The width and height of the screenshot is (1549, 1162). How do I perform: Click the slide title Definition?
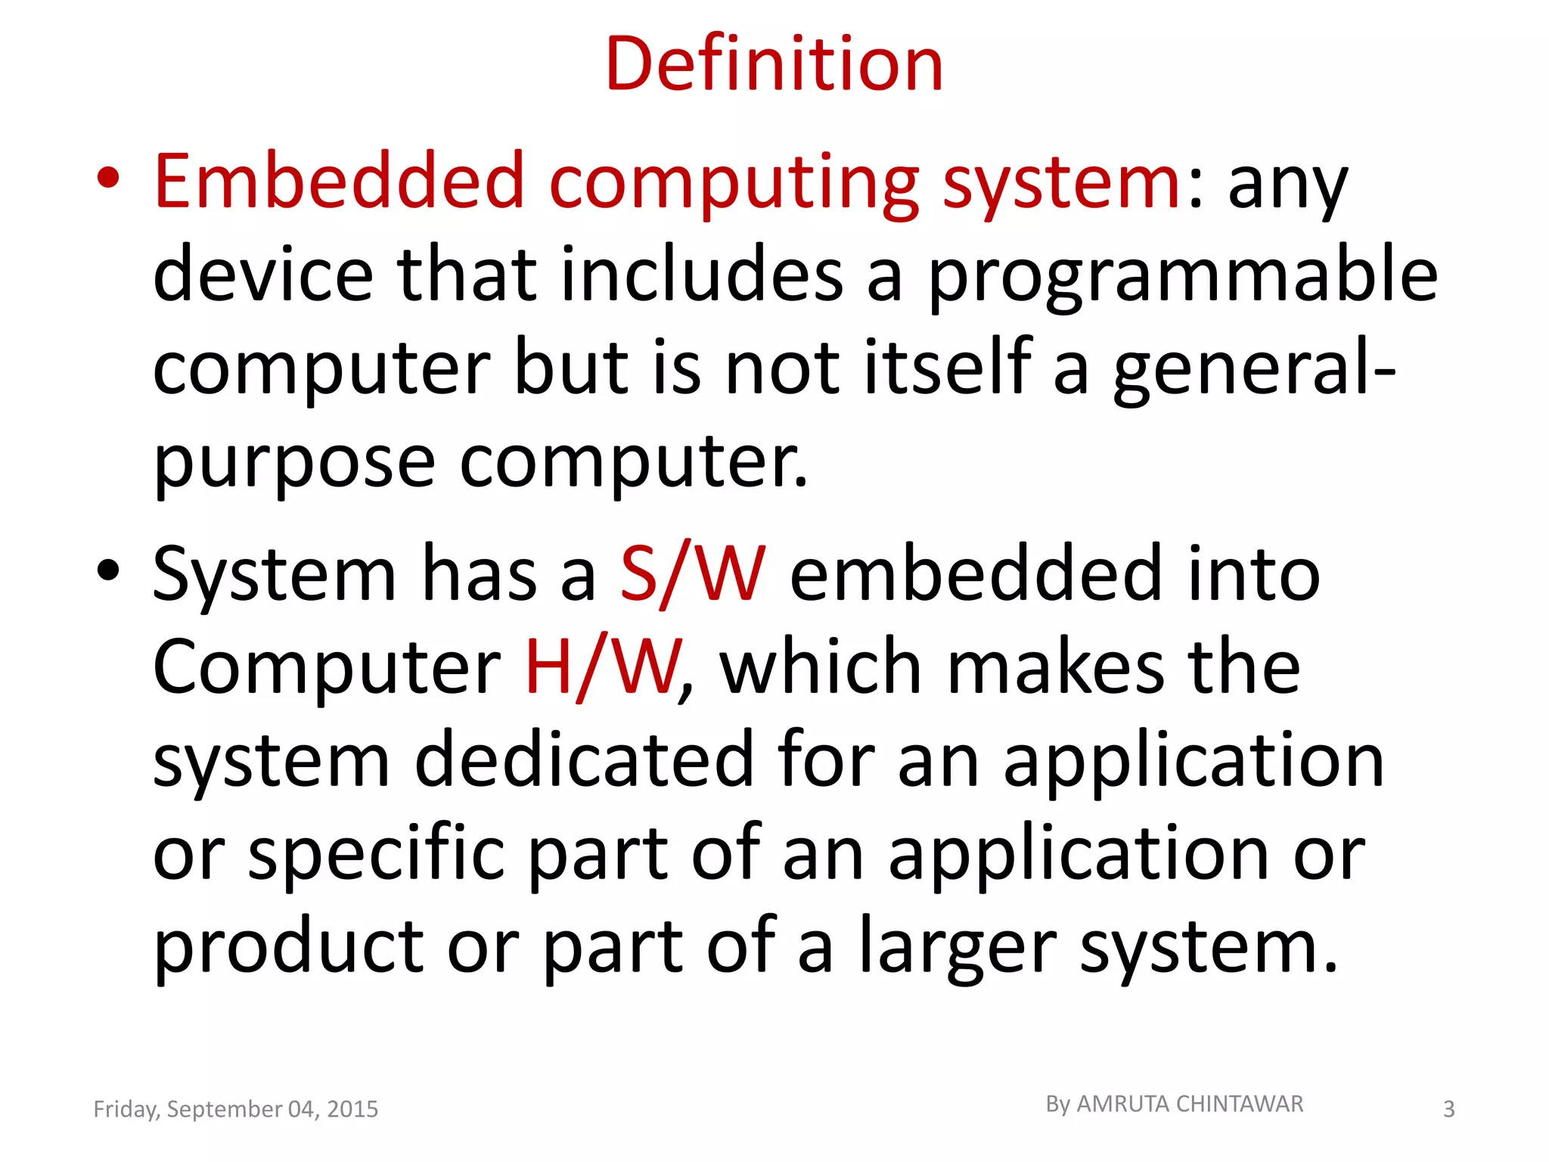point(774,64)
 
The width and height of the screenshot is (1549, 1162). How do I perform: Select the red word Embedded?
point(339,182)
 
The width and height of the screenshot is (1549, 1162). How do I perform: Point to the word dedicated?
point(584,759)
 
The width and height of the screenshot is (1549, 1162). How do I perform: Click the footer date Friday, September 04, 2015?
point(235,1109)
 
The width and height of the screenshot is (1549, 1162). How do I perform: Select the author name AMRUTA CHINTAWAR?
point(1190,1105)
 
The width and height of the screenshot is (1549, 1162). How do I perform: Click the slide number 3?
point(1448,1109)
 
